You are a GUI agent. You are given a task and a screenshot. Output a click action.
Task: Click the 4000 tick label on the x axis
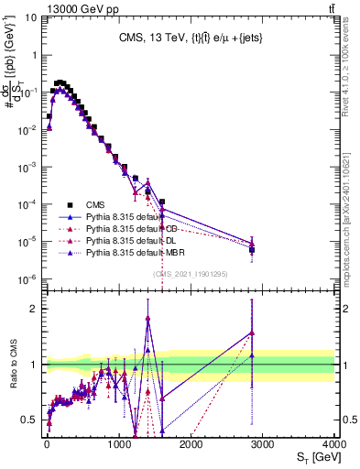[334, 443]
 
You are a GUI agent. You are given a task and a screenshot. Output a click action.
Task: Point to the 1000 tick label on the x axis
[119, 443]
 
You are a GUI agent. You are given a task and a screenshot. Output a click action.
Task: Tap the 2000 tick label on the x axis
[191, 443]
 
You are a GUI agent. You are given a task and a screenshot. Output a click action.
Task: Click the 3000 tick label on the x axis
[263, 443]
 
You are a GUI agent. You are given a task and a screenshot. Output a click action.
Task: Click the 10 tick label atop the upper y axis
[29, 16]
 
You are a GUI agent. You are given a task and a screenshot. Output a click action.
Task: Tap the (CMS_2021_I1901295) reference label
[191, 274]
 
